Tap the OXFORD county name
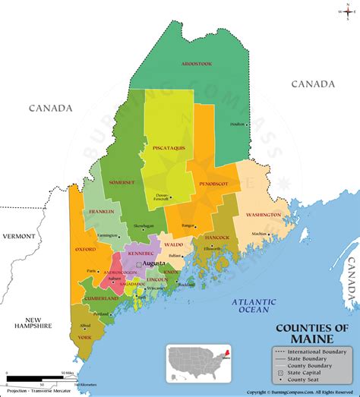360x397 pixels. coord(85,248)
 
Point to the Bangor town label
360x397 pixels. coord(188,225)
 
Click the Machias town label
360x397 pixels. coord(260,234)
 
